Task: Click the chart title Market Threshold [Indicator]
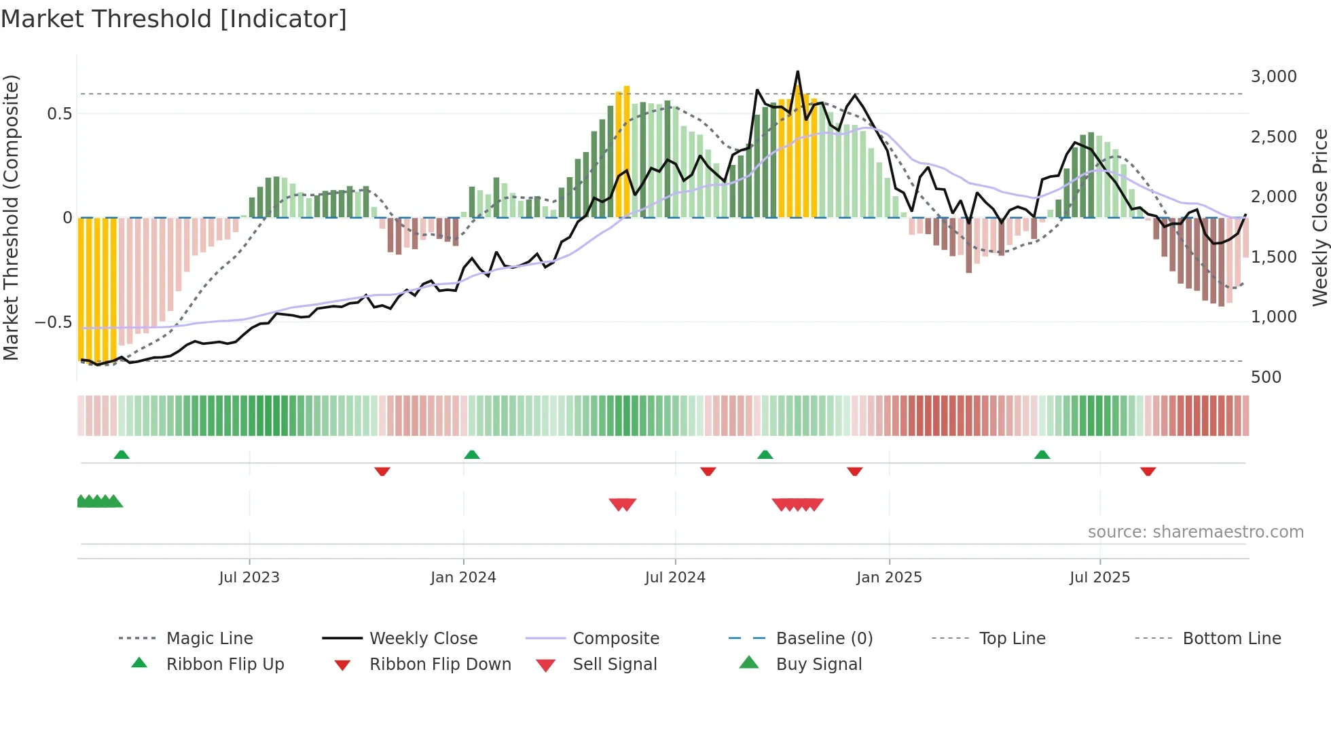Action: pos(174,19)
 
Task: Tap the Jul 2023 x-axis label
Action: pos(249,578)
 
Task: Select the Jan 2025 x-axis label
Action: pos(889,578)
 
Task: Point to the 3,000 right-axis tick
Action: pos(1273,77)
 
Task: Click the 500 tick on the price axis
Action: pos(1266,377)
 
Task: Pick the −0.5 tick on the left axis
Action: pos(53,322)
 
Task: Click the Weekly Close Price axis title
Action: pos(1319,217)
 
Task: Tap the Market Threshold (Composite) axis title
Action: pos(11,217)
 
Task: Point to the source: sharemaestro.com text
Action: pos(1195,532)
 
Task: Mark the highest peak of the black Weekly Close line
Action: pos(797,71)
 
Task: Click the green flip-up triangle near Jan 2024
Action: pos(472,455)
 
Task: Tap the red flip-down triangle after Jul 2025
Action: pos(1148,471)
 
